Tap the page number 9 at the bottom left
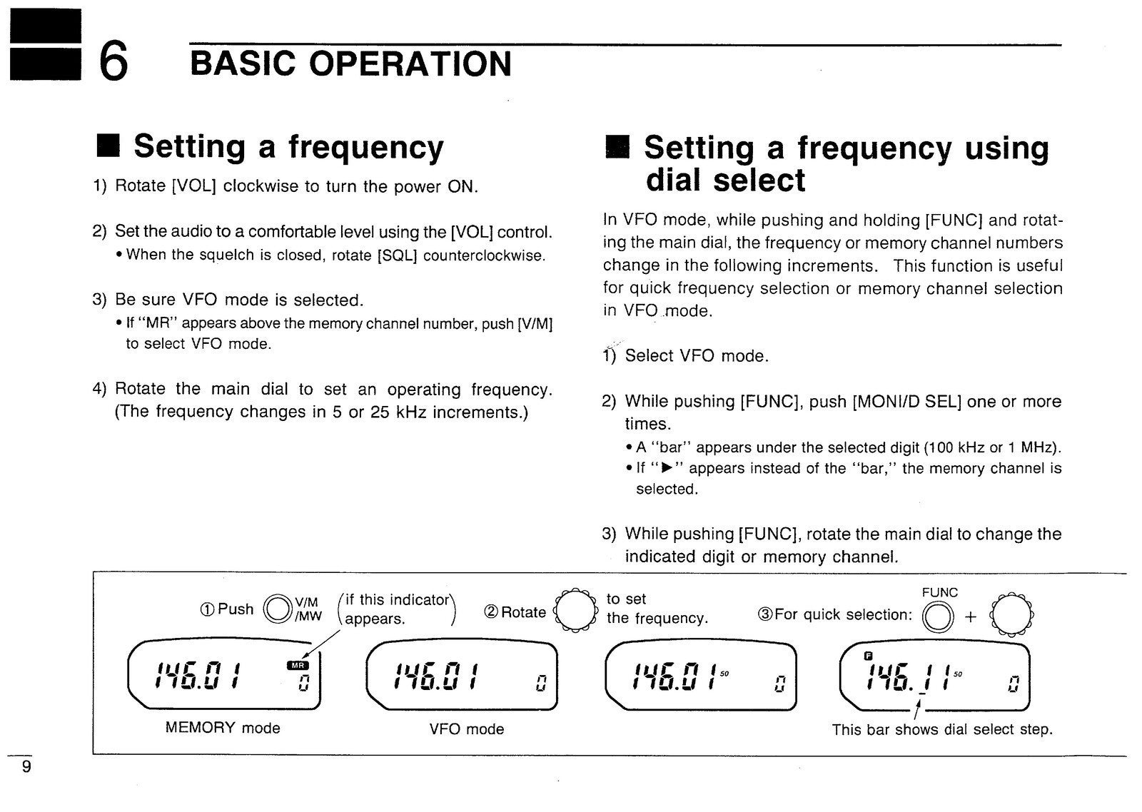26,768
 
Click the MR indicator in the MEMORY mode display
297,666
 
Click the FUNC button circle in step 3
937,617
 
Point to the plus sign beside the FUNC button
970,617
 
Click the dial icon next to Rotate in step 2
575,611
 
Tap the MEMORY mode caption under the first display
223,728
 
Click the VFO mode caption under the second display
467,729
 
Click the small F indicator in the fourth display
869,656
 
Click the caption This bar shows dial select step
942,729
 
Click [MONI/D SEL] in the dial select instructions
907,402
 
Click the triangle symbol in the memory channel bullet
668,469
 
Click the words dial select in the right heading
725,180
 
